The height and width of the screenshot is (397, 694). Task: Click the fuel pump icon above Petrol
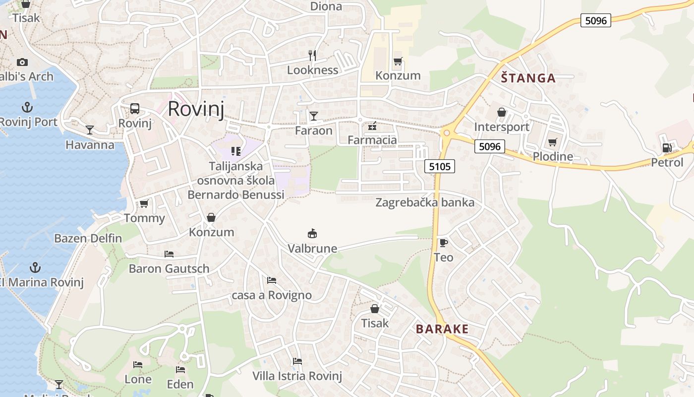click(667, 147)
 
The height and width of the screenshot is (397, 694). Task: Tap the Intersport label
click(502, 127)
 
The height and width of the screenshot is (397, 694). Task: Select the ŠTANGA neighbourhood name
click(528, 78)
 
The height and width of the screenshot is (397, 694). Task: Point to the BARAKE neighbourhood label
click(442, 329)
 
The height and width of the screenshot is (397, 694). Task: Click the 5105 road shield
click(440, 166)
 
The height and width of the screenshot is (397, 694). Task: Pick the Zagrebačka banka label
click(425, 202)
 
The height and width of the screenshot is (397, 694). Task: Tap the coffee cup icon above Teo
click(443, 243)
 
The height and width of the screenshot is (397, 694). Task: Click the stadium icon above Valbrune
click(312, 233)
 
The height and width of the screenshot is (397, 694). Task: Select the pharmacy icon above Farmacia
click(372, 127)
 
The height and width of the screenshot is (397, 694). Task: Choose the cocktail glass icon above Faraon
click(313, 116)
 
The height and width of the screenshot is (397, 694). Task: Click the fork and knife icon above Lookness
click(312, 55)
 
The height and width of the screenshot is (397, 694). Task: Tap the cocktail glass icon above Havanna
click(90, 130)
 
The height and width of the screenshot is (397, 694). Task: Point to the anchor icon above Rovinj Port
click(27, 107)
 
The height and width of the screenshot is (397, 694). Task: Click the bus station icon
click(134, 109)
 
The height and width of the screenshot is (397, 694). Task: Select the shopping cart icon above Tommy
click(144, 203)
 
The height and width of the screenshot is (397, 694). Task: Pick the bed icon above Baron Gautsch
click(169, 254)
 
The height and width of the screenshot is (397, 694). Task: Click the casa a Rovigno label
click(272, 295)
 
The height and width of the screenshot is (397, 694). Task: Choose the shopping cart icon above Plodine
click(553, 142)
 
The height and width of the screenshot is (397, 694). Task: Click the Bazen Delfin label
click(88, 238)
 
